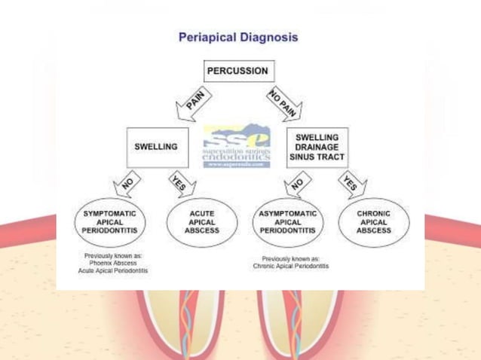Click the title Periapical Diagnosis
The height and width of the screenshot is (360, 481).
coord(237,37)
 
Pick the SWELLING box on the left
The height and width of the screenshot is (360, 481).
coord(156,147)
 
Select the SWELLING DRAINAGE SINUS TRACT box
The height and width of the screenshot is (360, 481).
coord(317,148)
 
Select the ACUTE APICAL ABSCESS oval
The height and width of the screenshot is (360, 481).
coord(201,222)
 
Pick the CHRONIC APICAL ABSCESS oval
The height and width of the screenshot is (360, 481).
coord(375,222)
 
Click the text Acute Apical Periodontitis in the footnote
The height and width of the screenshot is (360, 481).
coord(113,270)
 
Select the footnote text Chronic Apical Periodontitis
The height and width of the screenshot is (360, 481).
coord(291,266)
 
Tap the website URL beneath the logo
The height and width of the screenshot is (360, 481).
coord(236,163)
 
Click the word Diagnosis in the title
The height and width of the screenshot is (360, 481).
coord(270,37)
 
